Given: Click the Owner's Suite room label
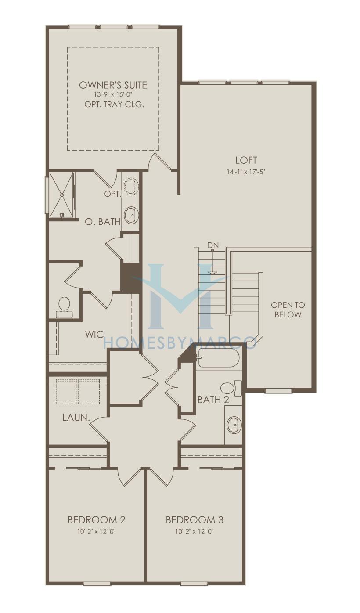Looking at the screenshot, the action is (113, 85).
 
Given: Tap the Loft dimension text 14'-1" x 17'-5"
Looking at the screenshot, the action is (246, 172).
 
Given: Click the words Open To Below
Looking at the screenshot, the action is (288, 310).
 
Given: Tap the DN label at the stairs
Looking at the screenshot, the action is (213, 245).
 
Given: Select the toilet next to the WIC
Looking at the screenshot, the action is (65, 307).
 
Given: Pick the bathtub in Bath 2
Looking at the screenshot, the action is (219, 358).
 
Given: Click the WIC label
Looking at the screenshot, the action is (94, 334).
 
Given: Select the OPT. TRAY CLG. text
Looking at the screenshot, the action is (114, 105).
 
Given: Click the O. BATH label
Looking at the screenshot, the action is (103, 221).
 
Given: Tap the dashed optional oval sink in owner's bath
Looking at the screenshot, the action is (131, 187).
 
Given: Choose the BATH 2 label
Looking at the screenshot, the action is (213, 400).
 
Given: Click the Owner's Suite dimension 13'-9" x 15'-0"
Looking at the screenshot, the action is (113, 94).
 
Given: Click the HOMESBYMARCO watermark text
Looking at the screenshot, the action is (180, 342).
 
